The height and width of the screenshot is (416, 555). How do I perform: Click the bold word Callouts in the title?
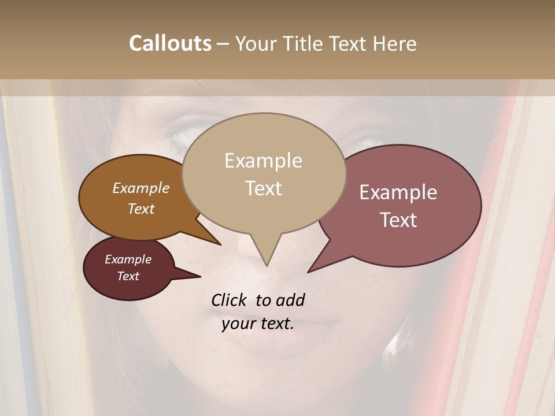[x=170, y=43]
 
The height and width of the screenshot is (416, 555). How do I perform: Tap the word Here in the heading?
[x=394, y=44]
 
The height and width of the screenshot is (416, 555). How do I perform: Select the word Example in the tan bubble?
[x=263, y=161]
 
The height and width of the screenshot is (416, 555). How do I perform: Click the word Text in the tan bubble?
[x=263, y=188]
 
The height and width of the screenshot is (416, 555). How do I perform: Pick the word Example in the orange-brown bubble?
[x=141, y=188]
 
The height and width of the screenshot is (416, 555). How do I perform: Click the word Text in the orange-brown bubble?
[x=141, y=209]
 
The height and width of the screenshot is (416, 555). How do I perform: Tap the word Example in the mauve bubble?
[x=398, y=192]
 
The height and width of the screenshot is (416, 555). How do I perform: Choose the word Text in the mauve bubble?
[x=398, y=220]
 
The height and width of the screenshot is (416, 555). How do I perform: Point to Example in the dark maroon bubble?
[x=128, y=259]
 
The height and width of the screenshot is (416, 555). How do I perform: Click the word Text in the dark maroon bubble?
[x=128, y=276]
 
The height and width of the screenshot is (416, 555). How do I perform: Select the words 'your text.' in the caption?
[x=258, y=324]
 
